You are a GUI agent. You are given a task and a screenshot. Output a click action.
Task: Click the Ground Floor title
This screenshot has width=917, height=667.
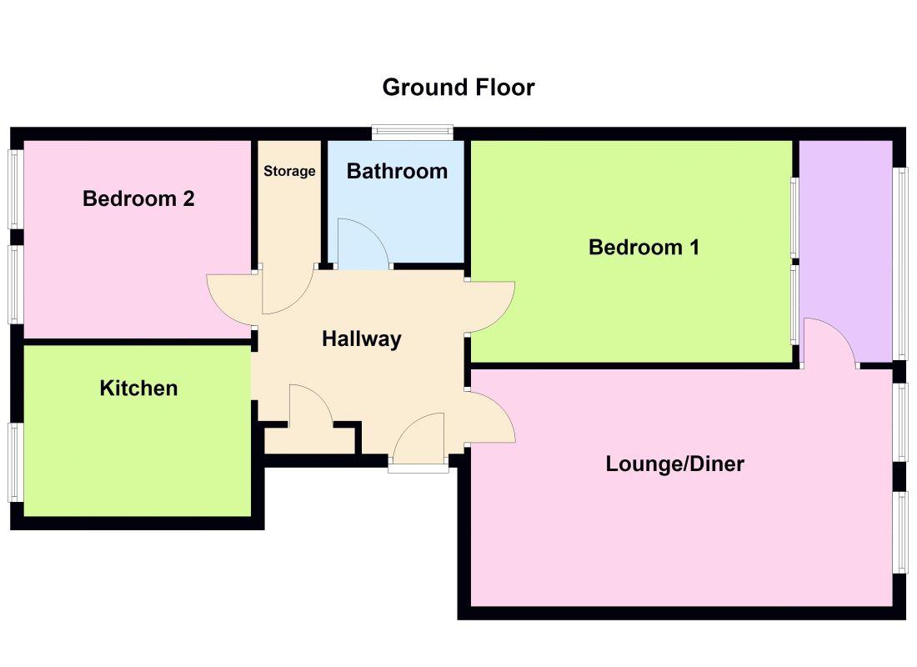click(458, 88)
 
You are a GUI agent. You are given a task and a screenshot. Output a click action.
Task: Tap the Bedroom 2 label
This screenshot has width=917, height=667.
click(138, 199)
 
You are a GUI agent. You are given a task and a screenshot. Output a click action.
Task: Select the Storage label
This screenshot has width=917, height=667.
click(289, 171)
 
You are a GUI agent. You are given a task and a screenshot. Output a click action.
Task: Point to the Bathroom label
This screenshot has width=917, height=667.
click(397, 171)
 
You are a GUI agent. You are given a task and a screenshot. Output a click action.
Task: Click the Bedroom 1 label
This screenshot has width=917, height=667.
click(644, 247)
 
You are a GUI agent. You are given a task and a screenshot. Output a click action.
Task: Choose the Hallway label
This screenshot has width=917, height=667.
click(362, 339)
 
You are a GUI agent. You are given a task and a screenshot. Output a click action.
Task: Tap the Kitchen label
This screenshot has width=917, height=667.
click(138, 388)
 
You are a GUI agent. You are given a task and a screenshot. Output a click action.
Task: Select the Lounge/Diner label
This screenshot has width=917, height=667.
click(675, 464)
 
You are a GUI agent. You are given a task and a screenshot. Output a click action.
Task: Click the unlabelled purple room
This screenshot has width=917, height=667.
click(845, 252)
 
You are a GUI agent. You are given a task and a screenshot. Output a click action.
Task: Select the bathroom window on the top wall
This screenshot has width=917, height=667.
click(413, 133)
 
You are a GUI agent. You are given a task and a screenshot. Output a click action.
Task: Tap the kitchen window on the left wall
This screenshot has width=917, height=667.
click(16, 462)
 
